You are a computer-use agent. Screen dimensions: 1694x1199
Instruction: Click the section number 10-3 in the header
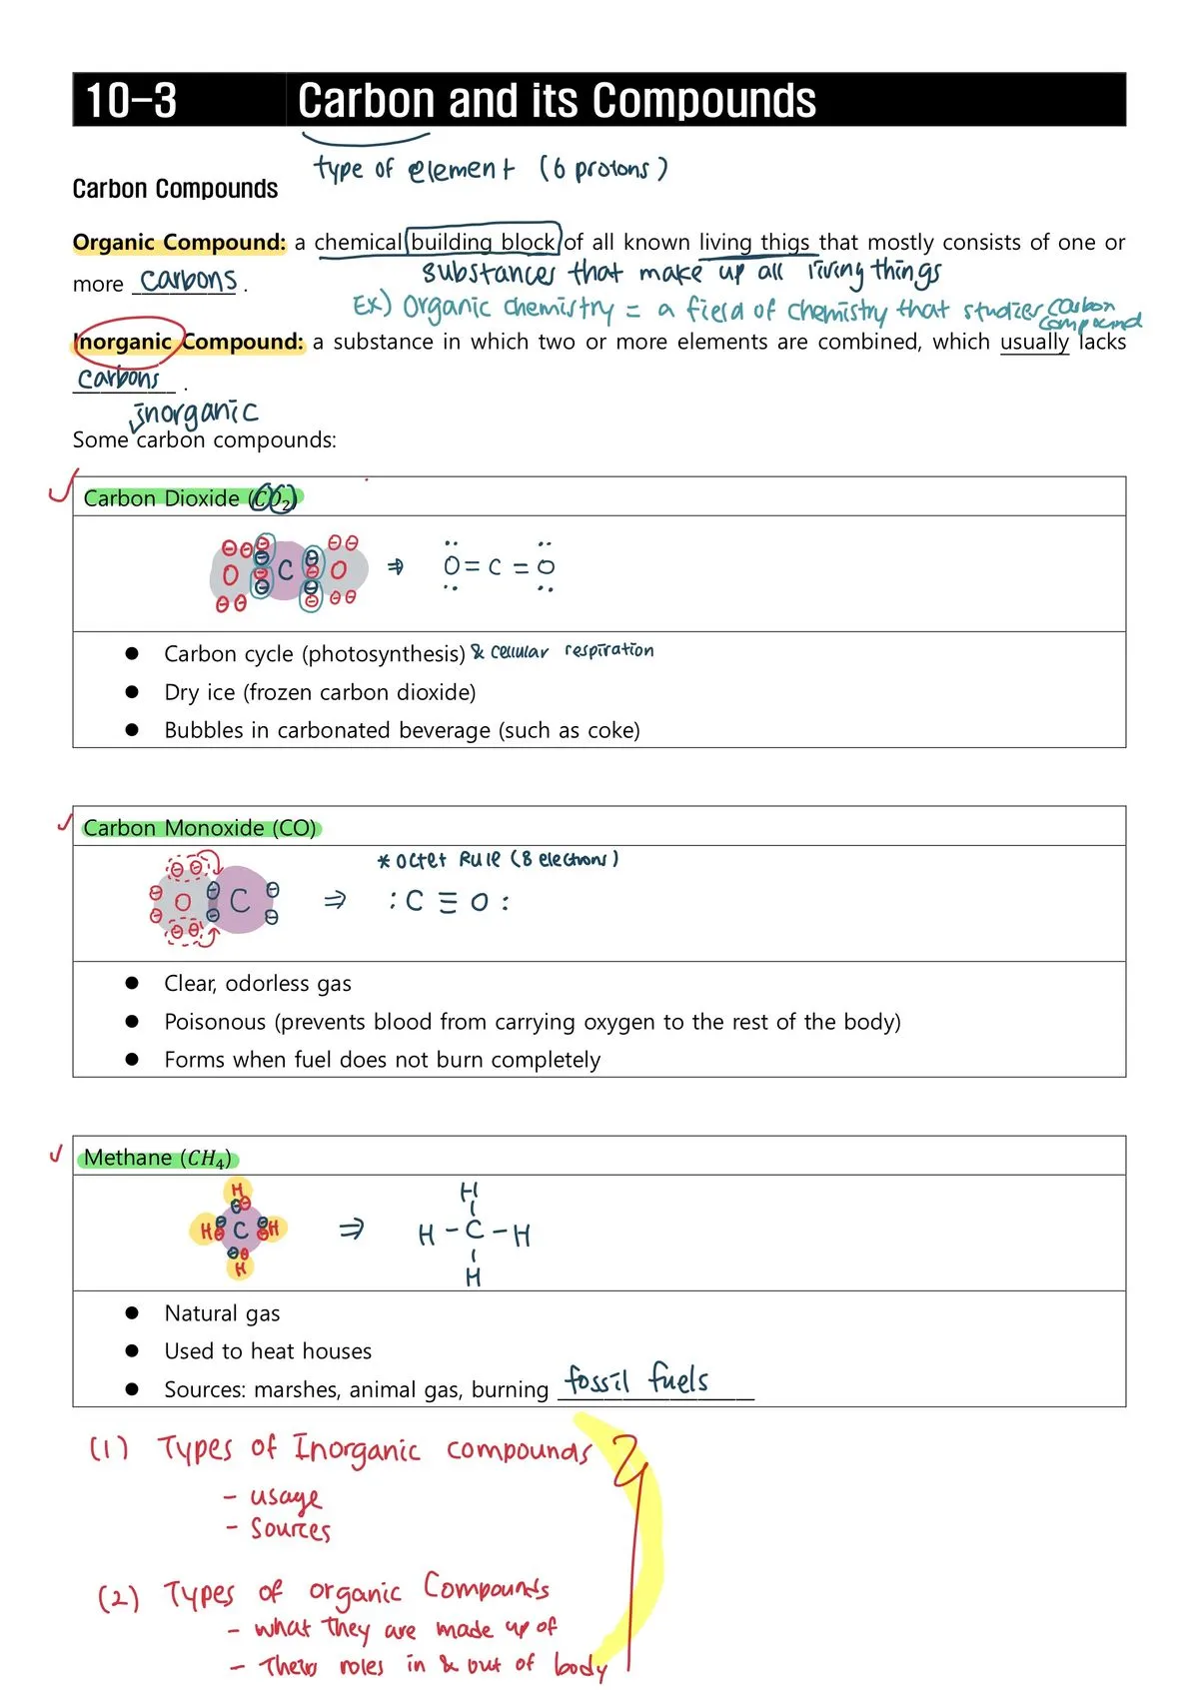coord(131,101)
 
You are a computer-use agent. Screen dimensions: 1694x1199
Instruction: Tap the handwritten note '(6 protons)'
coord(602,168)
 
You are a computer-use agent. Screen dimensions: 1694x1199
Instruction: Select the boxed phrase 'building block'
coord(484,242)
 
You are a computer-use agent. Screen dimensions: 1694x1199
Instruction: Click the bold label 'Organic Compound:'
coord(179,243)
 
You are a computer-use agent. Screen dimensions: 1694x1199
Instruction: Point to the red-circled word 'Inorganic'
coord(126,342)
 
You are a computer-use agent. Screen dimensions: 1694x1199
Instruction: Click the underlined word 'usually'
coord(1034,342)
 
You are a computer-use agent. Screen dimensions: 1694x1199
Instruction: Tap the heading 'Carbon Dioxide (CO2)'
coord(190,498)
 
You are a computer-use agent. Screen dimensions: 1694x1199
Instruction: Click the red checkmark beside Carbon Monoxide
coord(65,823)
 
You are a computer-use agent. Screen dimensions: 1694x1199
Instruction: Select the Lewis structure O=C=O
coord(499,567)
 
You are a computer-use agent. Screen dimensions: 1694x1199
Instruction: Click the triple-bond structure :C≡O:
coord(449,902)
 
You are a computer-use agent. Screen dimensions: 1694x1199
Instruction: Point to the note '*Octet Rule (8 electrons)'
coord(498,860)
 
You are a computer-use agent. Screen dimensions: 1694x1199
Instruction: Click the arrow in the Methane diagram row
coord(351,1230)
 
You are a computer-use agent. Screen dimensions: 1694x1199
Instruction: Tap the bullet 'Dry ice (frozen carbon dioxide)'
coord(320,692)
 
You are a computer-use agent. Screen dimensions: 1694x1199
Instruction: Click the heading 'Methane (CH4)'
coord(158,1158)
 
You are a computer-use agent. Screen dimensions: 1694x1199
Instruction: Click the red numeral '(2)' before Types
coord(118,1597)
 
